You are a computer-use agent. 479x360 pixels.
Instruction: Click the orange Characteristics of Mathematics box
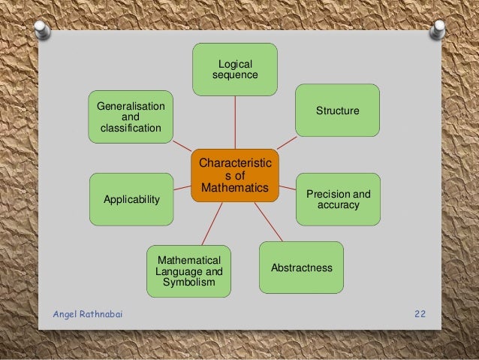coord(234,175)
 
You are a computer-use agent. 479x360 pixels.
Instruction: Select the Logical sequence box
coord(235,69)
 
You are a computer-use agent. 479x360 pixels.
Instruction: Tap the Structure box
coord(337,110)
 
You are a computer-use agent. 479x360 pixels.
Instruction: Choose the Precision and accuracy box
coord(338,199)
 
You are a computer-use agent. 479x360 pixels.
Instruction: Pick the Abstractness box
coord(301,268)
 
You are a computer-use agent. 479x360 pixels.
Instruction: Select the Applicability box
coord(131,199)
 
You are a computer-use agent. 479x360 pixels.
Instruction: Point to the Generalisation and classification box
coord(130,117)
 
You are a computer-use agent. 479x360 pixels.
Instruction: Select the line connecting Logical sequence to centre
coord(235,122)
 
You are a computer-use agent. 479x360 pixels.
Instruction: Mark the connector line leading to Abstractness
coord(267,222)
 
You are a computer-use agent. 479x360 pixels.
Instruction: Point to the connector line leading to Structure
coord(286,142)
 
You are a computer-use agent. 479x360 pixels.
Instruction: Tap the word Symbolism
coord(188,282)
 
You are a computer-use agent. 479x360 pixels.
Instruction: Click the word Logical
coord(235,64)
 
